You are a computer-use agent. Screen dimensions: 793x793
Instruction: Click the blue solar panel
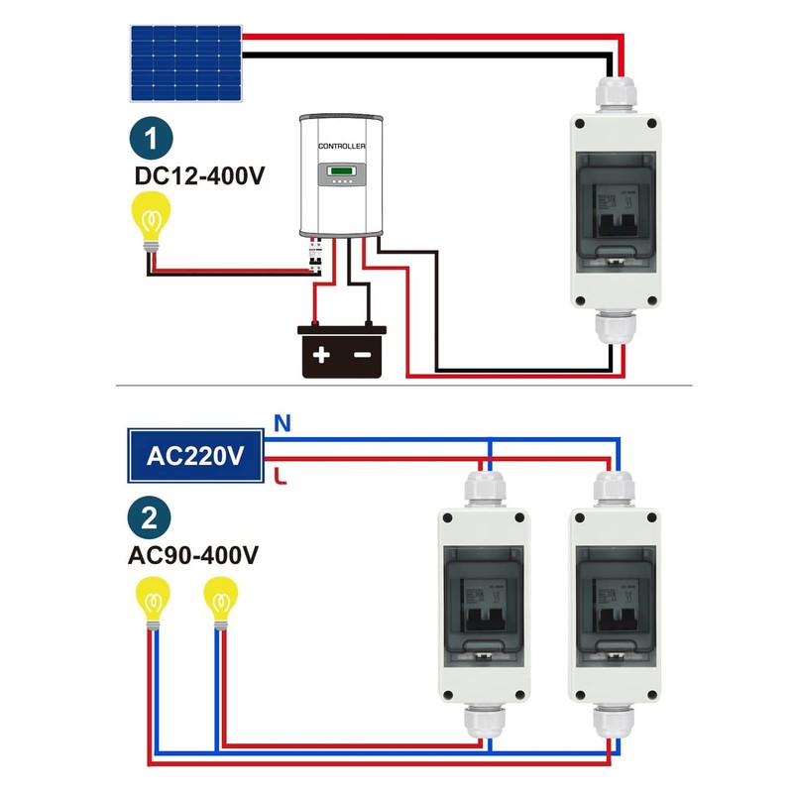click(186, 63)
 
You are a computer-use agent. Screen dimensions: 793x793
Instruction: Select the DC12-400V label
click(201, 176)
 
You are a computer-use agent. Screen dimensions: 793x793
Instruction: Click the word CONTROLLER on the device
click(342, 147)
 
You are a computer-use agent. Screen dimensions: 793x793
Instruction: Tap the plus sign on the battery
click(321, 354)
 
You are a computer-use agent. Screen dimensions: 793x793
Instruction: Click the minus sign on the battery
click(364, 354)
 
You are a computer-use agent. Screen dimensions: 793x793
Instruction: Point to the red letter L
click(282, 479)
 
